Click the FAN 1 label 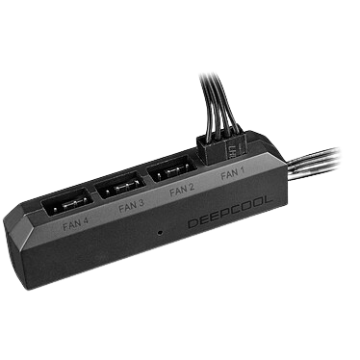click(x=232, y=174)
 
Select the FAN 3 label click(x=131, y=206)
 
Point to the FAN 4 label click(x=76, y=223)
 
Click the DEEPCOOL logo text click(x=230, y=213)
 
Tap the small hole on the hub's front click(x=160, y=232)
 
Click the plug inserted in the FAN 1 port click(x=221, y=147)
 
